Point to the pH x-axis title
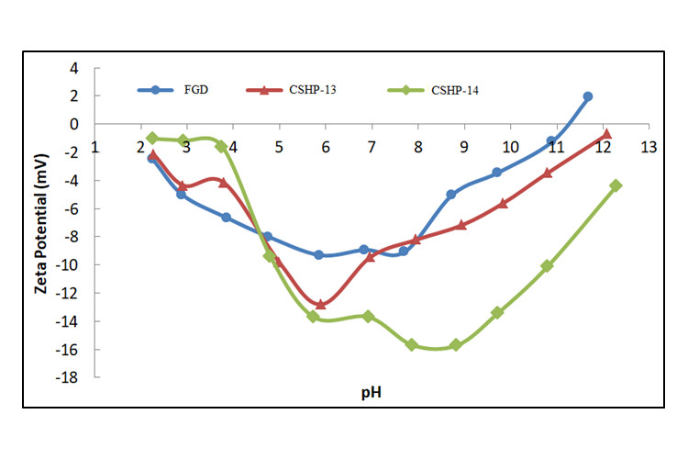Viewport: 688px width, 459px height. pos(371,393)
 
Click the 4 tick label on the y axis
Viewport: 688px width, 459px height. pos(72,68)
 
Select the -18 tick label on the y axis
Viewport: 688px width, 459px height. pos(69,377)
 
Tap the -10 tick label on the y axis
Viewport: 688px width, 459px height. pos(69,265)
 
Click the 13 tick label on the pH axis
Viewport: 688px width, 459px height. pos(649,146)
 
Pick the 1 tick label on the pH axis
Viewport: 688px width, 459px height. pos(94,146)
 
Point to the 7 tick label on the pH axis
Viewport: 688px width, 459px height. pos(371,146)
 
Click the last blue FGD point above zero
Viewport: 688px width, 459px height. pos(587,96)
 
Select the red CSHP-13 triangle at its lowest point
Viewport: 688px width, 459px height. pos(320,304)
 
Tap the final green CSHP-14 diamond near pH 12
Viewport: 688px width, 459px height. pos(616,185)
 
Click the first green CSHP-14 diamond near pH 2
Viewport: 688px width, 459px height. pos(152,138)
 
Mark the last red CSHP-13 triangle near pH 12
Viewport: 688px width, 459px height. pos(606,134)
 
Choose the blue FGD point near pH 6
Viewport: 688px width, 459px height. pos(318,254)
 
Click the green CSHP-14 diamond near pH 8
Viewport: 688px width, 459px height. pos(412,344)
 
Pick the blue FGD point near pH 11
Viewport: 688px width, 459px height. pos(551,141)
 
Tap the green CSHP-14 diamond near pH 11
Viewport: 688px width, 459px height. pos(547,265)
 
